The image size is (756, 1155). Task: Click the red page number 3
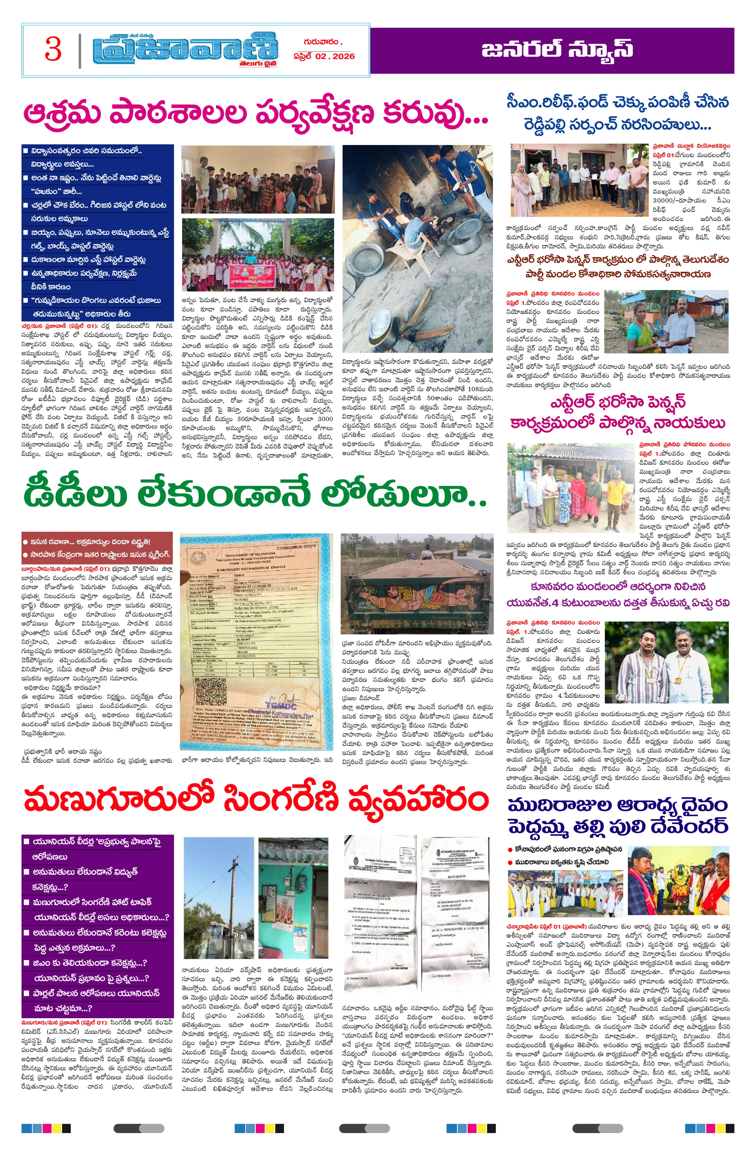[53, 49]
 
